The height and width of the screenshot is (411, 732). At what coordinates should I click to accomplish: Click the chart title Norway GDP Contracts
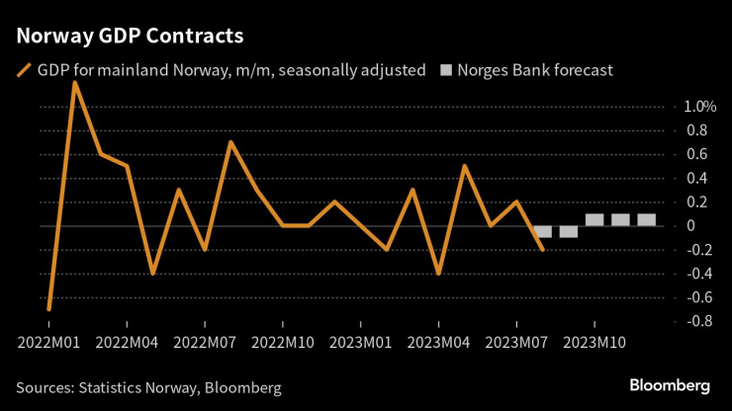tap(130, 36)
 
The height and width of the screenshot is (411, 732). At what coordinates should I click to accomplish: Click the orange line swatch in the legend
tap(23, 71)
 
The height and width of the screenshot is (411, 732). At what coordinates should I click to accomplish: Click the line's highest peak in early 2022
tap(75, 83)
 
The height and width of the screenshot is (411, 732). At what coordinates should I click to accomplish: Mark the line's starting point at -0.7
tap(48, 309)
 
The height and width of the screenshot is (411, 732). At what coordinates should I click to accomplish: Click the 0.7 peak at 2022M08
tap(230, 142)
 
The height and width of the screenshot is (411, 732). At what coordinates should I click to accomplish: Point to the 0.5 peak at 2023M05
tap(464, 166)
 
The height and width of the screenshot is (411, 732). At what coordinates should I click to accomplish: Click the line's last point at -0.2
tap(542, 249)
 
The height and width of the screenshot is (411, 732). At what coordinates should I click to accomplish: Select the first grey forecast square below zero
tap(542, 232)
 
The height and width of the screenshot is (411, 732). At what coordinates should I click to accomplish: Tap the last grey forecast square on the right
tap(646, 220)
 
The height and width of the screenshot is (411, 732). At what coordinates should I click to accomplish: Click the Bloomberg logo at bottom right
tap(670, 383)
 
